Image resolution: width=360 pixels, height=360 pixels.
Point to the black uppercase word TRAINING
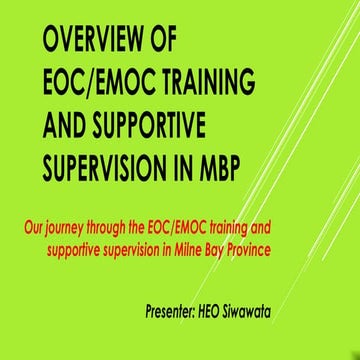(x=204, y=81)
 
